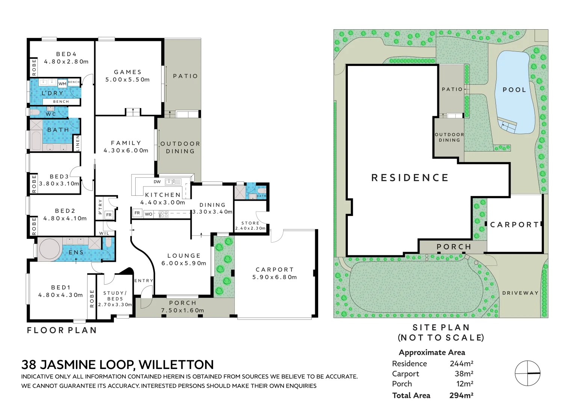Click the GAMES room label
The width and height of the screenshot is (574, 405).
128,72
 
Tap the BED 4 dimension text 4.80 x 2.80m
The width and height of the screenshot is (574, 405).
66,61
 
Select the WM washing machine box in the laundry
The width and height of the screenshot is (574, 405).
62,84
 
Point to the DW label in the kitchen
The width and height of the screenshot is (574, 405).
157,182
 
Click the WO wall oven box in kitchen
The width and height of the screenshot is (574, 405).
149,214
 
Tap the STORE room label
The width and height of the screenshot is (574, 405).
250,223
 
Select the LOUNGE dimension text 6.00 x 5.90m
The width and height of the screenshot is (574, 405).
184,263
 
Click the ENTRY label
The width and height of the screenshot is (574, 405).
144,280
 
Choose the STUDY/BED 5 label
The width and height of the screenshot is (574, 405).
115,296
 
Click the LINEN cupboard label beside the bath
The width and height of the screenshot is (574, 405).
78,143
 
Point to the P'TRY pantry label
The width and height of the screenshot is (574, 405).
100,207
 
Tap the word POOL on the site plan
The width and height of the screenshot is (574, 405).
514,90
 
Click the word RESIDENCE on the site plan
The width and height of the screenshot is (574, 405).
410,178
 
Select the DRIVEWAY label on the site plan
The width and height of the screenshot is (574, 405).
520,293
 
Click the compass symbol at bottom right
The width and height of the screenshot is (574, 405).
527,373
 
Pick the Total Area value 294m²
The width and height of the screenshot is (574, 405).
461,395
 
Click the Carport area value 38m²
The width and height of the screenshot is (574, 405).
464,374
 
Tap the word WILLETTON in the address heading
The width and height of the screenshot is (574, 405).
176,364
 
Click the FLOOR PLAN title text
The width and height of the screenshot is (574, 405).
62,330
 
